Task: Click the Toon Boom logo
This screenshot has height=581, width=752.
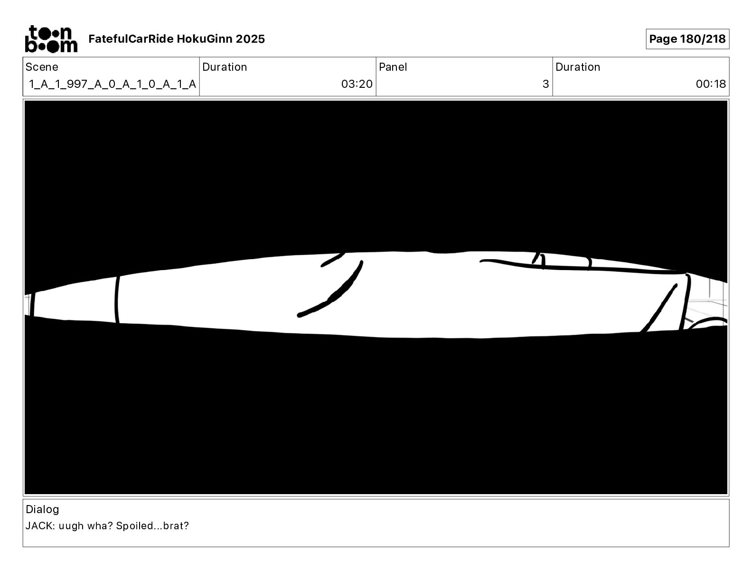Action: point(51,39)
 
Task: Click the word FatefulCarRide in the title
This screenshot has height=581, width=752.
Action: point(131,39)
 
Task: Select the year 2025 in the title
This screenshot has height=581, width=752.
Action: point(250,39)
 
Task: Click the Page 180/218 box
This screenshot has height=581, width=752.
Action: point(687,39)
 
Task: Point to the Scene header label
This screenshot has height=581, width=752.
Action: point(42,67)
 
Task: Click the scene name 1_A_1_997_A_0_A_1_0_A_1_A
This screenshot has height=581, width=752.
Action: point(113,84)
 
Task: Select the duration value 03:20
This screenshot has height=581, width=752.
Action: point(357,84)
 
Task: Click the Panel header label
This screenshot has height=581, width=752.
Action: point(393,67)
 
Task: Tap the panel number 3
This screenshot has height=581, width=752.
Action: point(546,84)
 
